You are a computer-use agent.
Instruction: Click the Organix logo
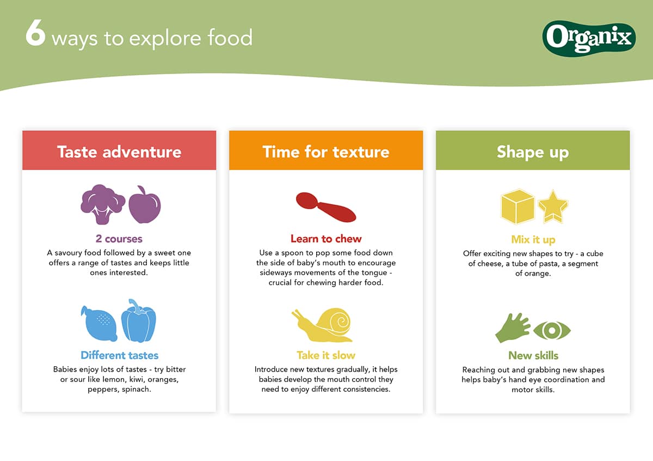pos(589,38)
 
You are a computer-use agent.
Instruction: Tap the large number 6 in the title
pos(35,33)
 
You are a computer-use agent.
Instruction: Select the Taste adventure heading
pos(119,152)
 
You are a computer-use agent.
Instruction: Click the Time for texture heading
pos(326,152)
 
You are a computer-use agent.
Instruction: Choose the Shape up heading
pos(533,153)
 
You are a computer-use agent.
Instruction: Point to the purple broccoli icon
pos(103,204)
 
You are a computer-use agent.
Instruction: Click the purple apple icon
pos(145,205)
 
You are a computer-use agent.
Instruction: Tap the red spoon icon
pos(326,207)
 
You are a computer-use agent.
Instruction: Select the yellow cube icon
pos(518,207)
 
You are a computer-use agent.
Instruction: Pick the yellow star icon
pos(553,207)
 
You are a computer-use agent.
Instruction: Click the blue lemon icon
pos(99,324)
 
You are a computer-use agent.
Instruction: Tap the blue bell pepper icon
pos(138,321)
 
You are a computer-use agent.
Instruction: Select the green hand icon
pos(513,328)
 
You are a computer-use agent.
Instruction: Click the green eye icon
pos(552,331)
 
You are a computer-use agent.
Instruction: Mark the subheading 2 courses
pos(119,239)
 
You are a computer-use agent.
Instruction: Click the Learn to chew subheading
pos(326,239)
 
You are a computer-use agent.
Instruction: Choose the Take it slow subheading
pos(326,355)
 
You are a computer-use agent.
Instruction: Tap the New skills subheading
pos(533,356)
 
